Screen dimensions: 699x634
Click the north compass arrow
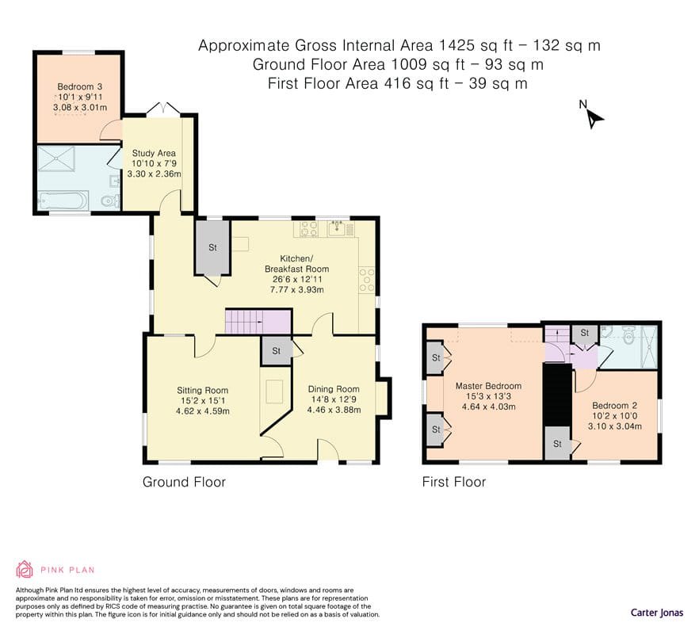[x=594, y=119]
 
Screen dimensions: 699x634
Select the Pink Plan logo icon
[x=25, y=569]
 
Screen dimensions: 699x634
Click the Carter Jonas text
[x=657, y=613]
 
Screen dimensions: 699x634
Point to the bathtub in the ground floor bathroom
[x=63, y=201]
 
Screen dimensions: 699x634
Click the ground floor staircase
[x=258, y=322]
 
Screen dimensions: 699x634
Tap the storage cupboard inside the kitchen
[x=212, y=247]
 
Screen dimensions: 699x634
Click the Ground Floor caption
[x=184, y=482]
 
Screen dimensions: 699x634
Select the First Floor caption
[x=454, y=482]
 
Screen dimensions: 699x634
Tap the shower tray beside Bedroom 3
[x=56, y=158]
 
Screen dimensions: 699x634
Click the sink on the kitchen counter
[x=338, y=229]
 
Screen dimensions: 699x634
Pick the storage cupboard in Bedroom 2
[x=557, y=443]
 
